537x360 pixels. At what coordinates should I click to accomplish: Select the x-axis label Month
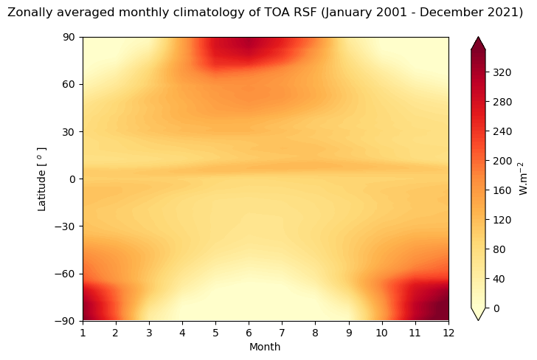265,347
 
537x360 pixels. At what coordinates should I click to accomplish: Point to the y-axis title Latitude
42,179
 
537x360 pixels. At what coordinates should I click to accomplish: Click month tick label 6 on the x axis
249,333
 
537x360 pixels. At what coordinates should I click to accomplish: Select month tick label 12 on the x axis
448,333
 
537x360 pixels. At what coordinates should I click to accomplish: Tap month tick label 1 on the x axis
83,333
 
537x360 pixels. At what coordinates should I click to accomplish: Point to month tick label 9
348,333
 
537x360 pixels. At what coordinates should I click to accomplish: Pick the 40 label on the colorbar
499,279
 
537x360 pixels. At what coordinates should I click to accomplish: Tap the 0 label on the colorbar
496,308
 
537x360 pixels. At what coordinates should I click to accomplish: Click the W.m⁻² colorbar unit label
522,179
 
